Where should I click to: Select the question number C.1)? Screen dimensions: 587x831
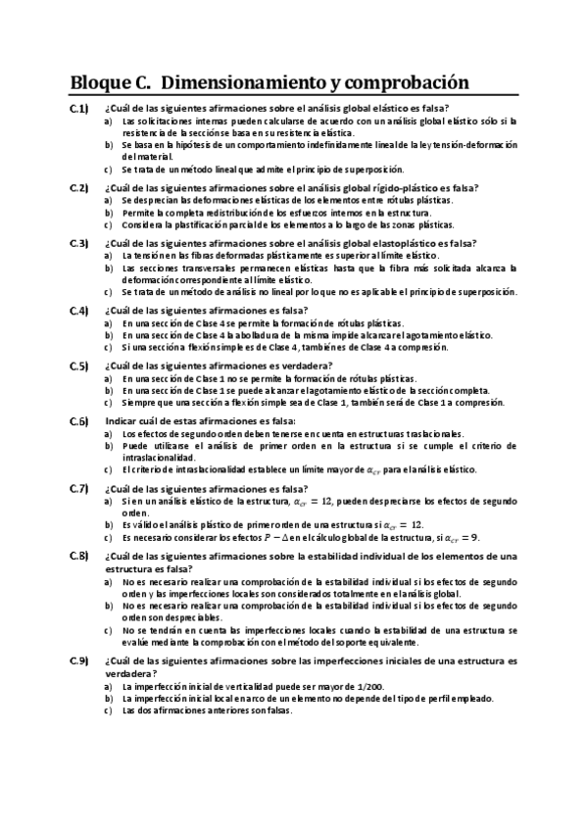(79, 108)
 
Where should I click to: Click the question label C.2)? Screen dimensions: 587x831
(79, 187)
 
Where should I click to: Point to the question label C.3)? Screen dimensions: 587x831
(79, 243)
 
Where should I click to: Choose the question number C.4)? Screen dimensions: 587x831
(79, 311)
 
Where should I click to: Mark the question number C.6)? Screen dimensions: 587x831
(79, 421)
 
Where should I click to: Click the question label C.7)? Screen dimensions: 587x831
(79, 488)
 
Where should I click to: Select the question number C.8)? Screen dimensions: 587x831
(79, 556)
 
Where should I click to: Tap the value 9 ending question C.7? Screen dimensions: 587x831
(475, 537)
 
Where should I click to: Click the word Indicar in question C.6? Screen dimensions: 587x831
(122, 421)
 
